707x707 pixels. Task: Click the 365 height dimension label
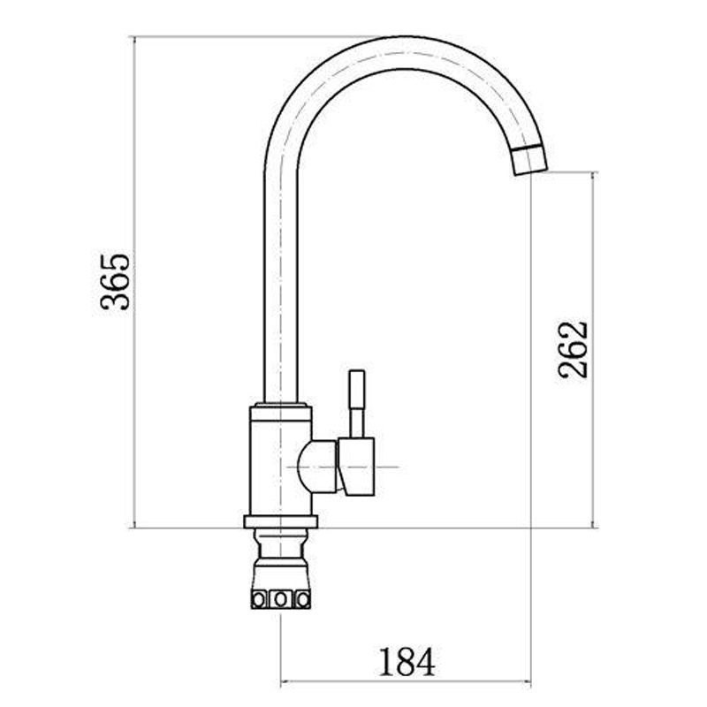(x=116, y=282)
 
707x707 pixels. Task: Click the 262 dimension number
(x=573, y=349)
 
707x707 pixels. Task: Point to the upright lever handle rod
(x=357, y=404)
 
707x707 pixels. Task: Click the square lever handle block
(x=357, y=467)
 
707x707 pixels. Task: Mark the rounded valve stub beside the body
(x=317, y=467)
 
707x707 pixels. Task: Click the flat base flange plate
(x=280, y=521)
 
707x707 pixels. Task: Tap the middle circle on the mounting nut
(x=280, y=600)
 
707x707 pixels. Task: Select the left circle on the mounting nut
(x=259, y=600)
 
